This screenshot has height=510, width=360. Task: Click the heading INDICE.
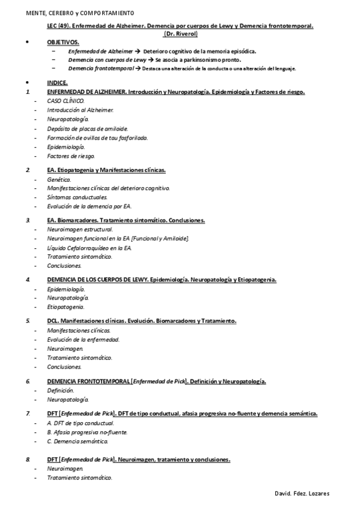click(57, 83)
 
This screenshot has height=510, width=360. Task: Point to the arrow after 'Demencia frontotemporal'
click(138, 69)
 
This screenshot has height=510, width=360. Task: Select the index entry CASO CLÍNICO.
click(66, 101)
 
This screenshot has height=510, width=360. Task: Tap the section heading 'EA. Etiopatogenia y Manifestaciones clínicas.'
click(106, 170)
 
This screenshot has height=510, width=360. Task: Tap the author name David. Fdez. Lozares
click(301, 493)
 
